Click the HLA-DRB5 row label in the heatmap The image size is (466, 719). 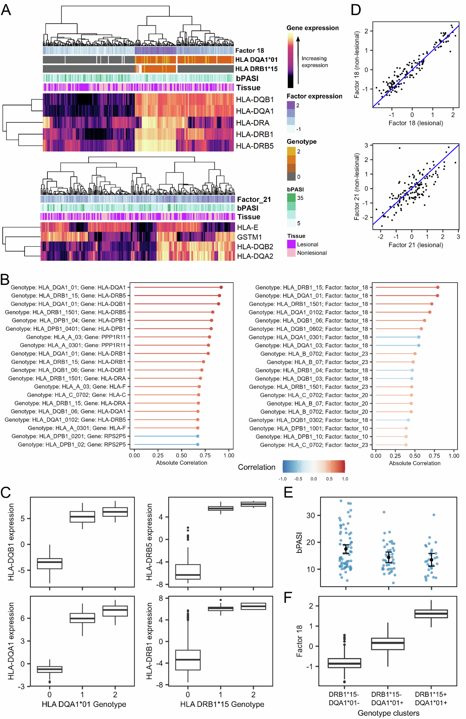tap(255, 146)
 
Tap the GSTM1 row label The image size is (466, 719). tap(249, 237)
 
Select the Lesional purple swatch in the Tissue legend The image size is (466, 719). tap(291, 244)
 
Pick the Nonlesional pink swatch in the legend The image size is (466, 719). tap(291, 253)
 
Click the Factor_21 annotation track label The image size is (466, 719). tap(254, 199)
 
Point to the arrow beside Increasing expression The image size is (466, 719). tap(298, 60)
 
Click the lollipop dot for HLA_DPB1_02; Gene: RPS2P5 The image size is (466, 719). tap(197, 444)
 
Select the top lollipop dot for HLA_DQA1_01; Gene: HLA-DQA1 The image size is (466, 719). tap(221, 287)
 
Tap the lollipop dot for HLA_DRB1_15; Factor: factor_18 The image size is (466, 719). tap(438, 287)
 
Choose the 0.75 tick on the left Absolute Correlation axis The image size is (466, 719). tap(205, 455)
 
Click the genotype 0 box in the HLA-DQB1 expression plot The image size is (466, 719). tap(49, 564)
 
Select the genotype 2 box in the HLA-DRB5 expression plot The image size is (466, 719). tap(253, 504)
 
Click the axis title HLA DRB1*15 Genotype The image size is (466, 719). tap(222, 704)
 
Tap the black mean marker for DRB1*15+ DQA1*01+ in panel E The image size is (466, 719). tap(431, 560)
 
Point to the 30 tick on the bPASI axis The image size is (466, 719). tap(311, 515)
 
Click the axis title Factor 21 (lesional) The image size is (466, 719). tap(416, 245)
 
